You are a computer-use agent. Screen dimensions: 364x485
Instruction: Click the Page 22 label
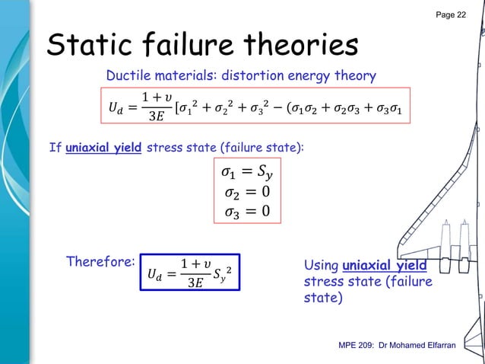[451, 16]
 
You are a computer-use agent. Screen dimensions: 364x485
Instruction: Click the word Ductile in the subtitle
[128, 75]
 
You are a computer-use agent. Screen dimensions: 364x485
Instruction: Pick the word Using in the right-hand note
[322, 266]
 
